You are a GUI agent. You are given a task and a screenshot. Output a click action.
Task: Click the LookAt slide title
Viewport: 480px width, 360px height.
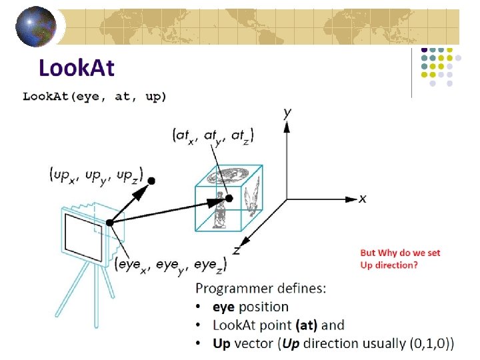77,67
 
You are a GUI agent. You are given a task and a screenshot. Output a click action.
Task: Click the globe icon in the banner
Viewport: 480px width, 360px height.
36,27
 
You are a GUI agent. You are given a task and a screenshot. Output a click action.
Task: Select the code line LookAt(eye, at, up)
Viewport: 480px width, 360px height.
94,97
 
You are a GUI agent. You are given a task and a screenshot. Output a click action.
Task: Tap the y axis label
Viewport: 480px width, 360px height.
287,113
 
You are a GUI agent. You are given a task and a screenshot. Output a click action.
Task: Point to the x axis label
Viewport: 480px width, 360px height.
363,199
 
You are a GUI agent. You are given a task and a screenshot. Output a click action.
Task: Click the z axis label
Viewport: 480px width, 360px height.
236,250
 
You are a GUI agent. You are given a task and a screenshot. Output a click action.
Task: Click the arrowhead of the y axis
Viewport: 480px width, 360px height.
287,127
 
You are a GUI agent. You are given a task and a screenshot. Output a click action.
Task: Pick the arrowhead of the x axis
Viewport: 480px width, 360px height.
351,199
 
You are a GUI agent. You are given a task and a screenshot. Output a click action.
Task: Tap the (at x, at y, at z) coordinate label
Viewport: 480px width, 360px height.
213,136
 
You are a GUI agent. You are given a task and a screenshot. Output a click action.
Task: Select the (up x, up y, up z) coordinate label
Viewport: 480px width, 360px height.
96,176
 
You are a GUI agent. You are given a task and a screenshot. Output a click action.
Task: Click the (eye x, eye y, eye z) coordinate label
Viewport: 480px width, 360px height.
171,265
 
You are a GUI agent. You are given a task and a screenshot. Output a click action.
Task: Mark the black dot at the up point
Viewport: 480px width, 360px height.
151,181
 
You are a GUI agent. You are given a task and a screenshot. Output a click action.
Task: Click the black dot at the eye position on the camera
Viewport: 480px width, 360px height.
109,223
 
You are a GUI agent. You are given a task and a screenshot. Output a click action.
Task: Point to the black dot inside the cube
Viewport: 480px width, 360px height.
229,199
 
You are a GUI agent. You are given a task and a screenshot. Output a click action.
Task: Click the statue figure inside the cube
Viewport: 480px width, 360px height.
219,210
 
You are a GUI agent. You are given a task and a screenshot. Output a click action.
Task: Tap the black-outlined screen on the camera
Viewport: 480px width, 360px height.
83,237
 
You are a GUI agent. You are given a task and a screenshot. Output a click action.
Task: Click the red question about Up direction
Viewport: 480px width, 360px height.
400,259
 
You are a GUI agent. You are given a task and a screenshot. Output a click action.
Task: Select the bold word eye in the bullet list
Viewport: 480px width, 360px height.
223,307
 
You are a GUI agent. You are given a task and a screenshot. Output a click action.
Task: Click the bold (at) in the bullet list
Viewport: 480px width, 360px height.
307,325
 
